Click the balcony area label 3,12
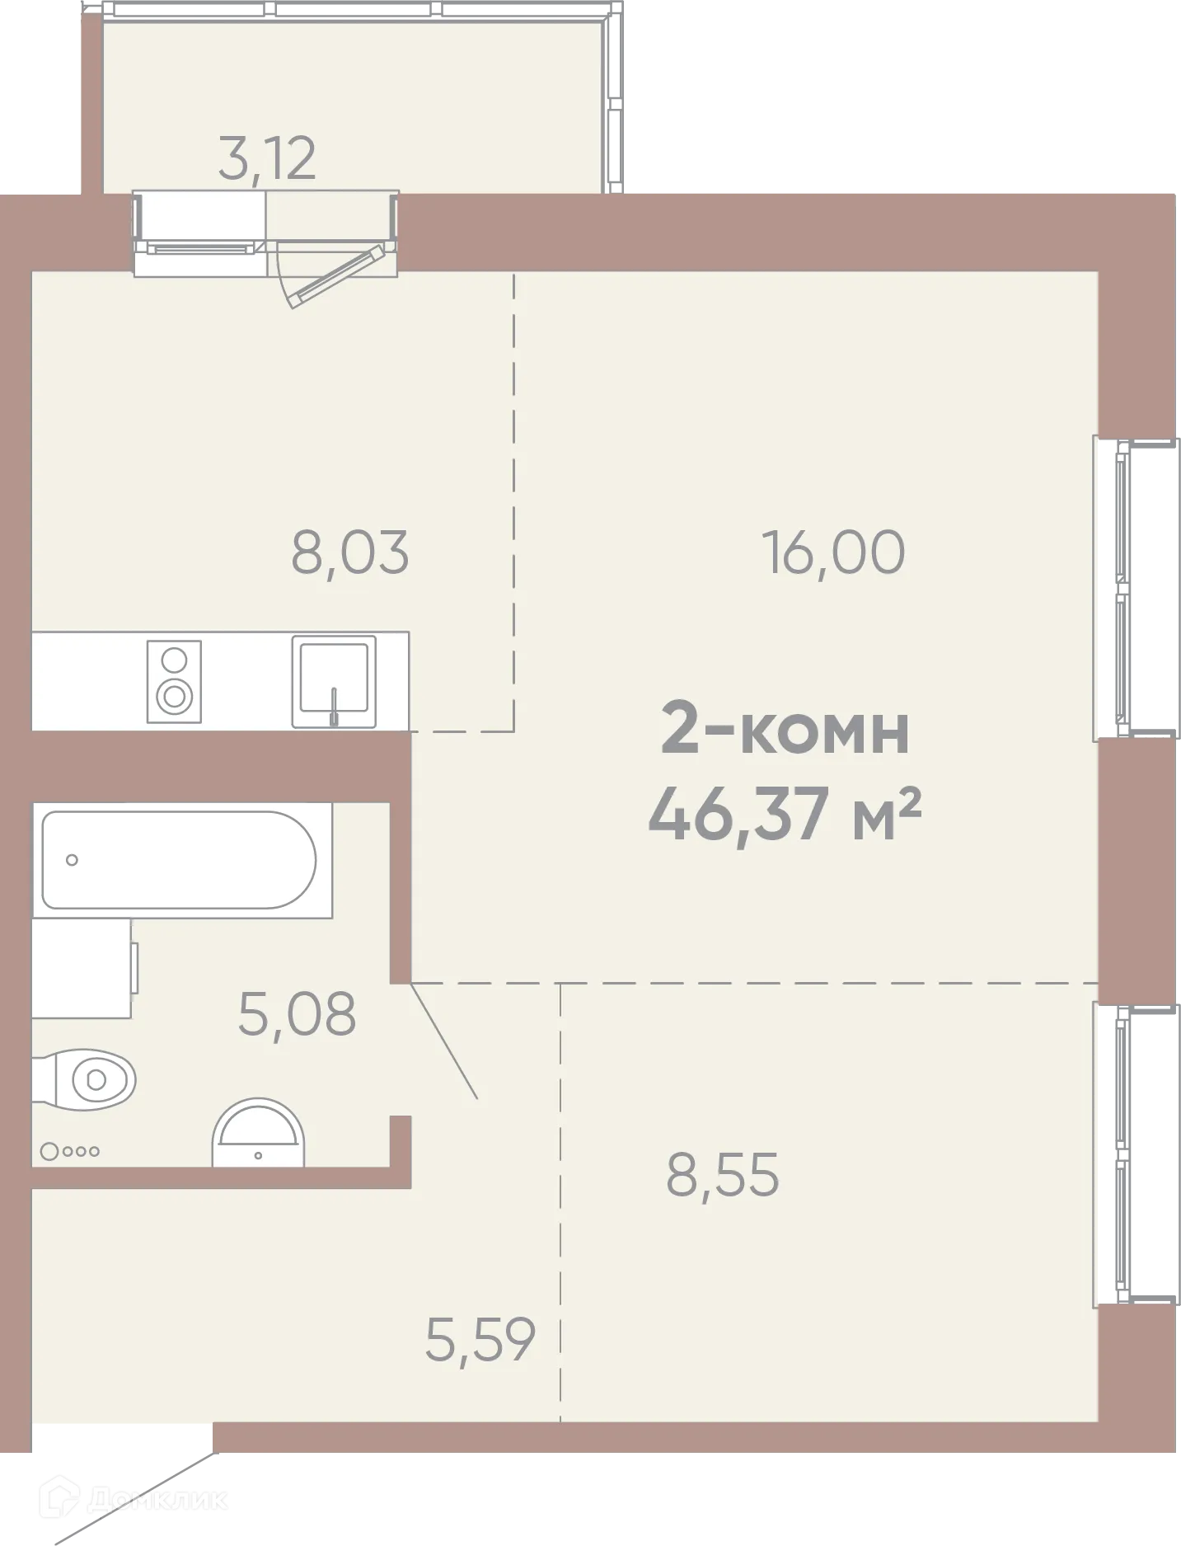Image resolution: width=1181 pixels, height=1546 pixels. point(267,159)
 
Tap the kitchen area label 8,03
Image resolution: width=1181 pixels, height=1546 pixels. point(349,553)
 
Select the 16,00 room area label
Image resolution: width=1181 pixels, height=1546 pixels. point(833,552)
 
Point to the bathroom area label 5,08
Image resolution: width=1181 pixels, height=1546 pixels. point(297,1014)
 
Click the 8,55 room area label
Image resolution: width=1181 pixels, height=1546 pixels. point(722,1175)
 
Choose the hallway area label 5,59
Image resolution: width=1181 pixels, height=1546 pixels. point(480,1340)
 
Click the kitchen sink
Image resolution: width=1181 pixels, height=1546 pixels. point(334,680)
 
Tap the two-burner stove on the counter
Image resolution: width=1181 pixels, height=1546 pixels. point(174,681)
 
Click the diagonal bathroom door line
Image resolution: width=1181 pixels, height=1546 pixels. point(444,1041)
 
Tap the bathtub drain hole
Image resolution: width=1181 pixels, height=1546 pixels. point(72,860)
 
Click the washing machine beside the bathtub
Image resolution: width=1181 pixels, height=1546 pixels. point(82,969)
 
